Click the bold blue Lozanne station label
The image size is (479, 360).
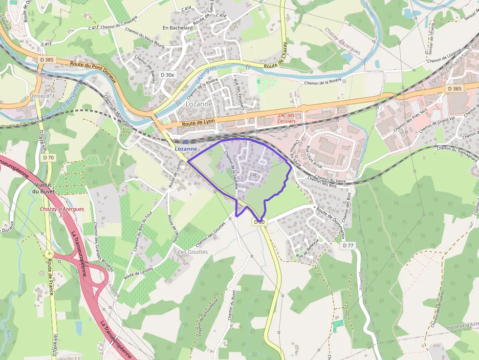(x=186, y=148)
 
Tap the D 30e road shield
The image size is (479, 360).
(x=167, y=75)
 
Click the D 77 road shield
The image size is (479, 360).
(x=348, y=246)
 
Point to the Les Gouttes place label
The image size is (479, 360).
(x=193, y=252)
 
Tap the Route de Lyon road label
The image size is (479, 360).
(x=198, y=124)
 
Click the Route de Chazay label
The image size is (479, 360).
(x=278, y=57)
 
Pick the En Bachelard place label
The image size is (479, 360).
(x=177, y=28)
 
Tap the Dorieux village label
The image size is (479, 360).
(x=40, y=96)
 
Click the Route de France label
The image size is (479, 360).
(x=50, y=276)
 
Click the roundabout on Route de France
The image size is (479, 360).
(x=48, y=254)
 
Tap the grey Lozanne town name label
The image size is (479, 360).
(x=199, y=104)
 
